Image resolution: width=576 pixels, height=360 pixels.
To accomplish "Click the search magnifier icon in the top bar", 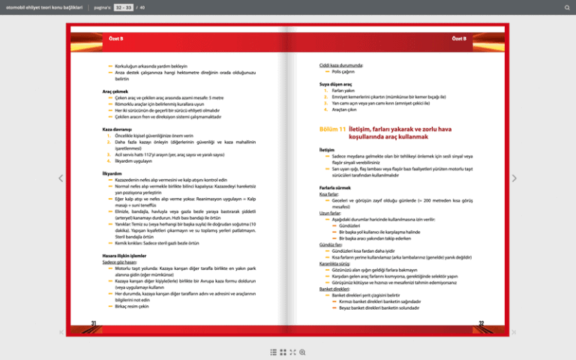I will pos(567,7).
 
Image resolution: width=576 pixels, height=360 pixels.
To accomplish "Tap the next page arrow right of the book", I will pos(514,178).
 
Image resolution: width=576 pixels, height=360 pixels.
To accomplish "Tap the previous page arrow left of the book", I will pos(61,178).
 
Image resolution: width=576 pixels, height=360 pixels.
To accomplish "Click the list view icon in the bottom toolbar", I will pos(273,351).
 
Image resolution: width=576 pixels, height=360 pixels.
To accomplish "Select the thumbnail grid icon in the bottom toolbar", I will pos(283,351).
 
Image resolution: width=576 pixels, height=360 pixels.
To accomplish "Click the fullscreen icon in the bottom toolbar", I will pos(292,351).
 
